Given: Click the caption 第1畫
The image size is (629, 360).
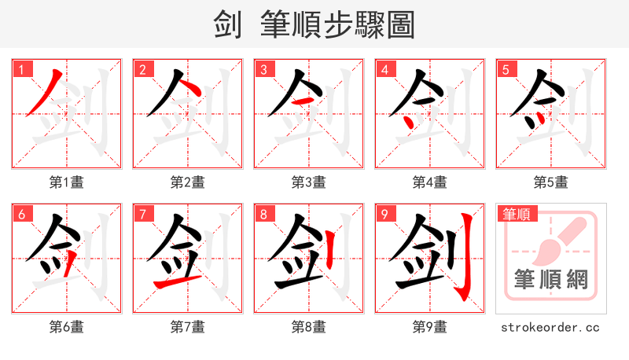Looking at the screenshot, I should (66, 182).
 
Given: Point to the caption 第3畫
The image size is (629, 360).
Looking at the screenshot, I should (308, 182).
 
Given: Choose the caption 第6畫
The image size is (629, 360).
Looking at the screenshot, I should (66, 327).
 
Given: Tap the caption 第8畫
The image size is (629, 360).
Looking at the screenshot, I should (308, 327).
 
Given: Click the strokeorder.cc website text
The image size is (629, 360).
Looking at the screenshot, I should (550, 327).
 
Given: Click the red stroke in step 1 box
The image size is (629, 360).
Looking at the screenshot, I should (44, 94).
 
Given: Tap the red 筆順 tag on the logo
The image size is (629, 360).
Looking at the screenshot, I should (517, 213).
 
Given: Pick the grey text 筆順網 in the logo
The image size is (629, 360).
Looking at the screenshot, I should (551, 279).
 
